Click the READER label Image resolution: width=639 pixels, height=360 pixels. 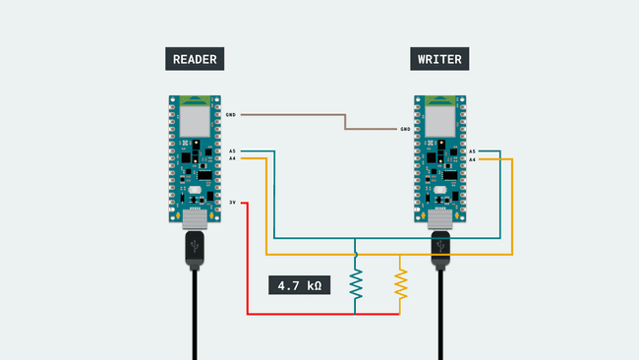[x=194, y=59]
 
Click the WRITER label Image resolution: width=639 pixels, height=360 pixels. [x=439, y=59]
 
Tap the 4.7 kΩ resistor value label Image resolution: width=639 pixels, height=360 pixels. [x=300, y=286]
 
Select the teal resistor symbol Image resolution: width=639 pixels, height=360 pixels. [x=357, y=283]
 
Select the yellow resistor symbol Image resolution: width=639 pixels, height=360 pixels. [x=400, y=283]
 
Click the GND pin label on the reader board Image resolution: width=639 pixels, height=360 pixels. [x=230, y=115]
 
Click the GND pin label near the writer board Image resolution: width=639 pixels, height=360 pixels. [x=405, y=129]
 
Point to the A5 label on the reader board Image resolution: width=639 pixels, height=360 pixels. [x=231, y=151]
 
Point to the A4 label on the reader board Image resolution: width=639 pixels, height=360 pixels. [x=231, y=158]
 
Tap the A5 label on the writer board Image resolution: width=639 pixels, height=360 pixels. [x=472, y=151]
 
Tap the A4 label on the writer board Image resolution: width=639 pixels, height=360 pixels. [x=472, y=158]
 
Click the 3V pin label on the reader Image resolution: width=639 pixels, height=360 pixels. [x=232, y=203]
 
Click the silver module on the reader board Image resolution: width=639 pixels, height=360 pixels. [x=196, y=121]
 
